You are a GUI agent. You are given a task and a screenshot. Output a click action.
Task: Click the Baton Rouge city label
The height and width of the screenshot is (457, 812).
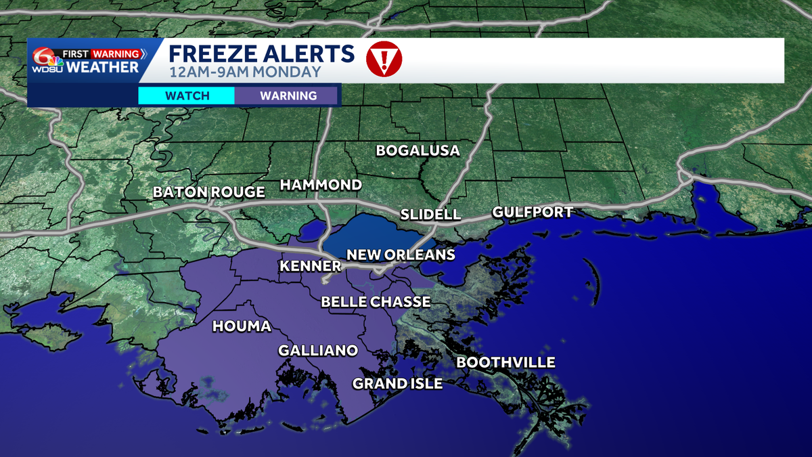tap(209, 192)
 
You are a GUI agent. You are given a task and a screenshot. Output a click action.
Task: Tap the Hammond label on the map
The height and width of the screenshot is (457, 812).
tap(321, 185)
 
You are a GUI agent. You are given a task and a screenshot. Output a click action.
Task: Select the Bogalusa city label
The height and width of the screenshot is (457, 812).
tap(418, 150)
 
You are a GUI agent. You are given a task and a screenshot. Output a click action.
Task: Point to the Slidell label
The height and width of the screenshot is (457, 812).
tap(430, 215)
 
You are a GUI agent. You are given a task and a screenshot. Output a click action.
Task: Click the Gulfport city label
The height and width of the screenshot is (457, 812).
tap(533, 212)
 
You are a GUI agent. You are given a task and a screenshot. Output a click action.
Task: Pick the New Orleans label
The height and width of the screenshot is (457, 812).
tap(401, 255)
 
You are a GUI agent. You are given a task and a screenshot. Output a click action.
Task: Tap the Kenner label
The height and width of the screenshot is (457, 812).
tap(310, 267)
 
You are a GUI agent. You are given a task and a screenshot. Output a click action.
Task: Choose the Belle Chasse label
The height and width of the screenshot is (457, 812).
tap(376, 302)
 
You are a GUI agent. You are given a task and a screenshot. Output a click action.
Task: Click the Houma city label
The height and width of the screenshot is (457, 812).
tap(242, 326)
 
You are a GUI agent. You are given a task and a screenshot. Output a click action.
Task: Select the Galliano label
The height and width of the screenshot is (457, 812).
tap(317, 350)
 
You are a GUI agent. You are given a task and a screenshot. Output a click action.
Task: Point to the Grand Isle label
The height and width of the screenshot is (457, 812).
tap(397, 384)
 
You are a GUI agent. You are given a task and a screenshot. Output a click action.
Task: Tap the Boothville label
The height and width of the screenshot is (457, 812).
tap(505, 362)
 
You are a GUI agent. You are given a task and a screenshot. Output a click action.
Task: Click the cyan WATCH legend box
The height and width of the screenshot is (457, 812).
tap(187, 95)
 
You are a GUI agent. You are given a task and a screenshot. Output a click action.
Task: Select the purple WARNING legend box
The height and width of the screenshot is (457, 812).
tap(288, 95)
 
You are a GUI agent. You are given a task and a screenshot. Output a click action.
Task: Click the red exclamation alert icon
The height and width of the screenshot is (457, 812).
tap(384, 59)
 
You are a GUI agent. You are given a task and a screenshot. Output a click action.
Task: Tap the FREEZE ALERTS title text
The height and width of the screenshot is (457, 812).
tap(261, 53)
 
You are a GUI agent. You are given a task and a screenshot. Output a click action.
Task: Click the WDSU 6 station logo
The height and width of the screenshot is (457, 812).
tap(46, 60)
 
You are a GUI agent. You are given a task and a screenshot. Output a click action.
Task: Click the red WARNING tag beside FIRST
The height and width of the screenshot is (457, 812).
tap(116, 53)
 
